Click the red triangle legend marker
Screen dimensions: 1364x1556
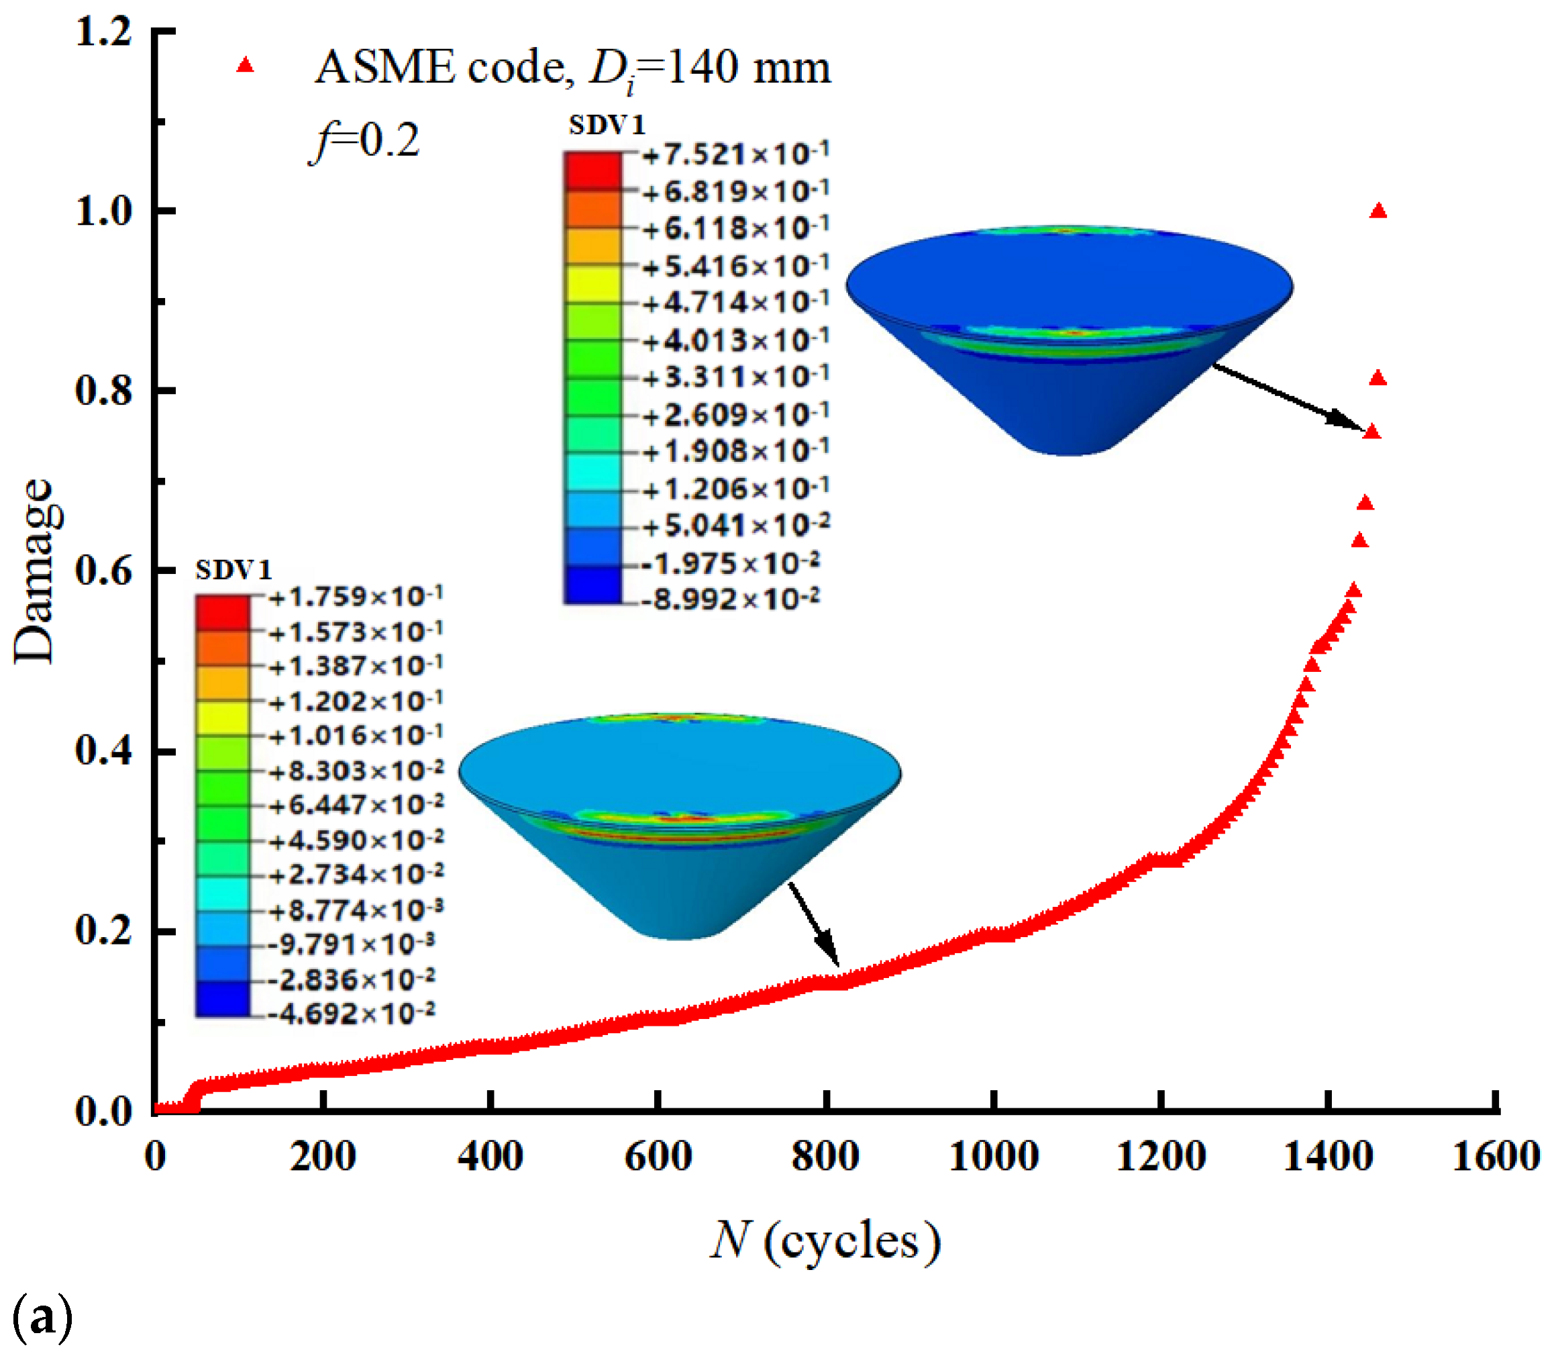tap(244, 66)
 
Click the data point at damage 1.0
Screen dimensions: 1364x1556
tap(1378, 211)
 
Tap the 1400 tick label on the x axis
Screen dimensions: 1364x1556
tap(1328, 1157)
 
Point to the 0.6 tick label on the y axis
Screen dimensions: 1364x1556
tap(103, 571)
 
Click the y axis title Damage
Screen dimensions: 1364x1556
tap(34, 571)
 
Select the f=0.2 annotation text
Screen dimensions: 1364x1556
tap(365, 141)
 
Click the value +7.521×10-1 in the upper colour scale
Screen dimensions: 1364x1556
tap(734, 154)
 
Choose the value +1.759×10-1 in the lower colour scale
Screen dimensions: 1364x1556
tap(354, 597)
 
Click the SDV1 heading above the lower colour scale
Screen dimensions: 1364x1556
tap(233, 570)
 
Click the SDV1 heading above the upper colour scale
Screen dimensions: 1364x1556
tap(607, 125)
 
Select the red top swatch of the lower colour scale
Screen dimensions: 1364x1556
tap(222, 613)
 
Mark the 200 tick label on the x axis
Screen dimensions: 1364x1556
tap(323, 1157)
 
